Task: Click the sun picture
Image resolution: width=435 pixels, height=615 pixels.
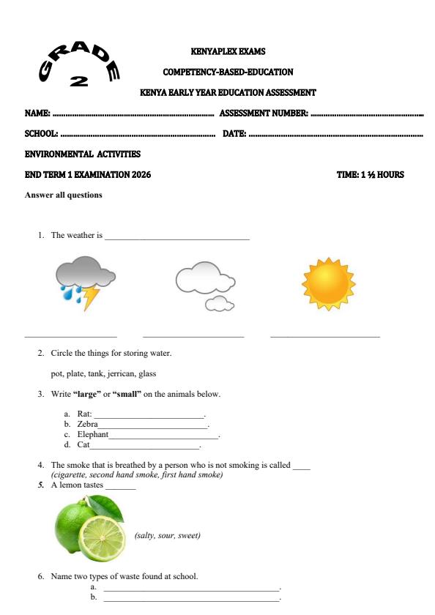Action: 328,283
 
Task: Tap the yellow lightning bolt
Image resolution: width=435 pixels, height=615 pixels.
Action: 90,297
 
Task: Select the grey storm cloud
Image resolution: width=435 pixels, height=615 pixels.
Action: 84,274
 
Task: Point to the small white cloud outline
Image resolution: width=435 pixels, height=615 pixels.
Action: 220,303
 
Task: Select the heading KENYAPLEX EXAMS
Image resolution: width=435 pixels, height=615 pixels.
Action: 228,52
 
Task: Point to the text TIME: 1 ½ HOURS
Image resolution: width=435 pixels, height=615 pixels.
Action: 370,175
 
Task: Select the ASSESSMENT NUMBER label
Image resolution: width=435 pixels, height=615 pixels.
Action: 264,113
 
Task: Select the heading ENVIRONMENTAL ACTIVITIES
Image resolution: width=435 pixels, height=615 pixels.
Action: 82,154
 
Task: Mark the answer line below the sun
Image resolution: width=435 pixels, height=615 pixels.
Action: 324,337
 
